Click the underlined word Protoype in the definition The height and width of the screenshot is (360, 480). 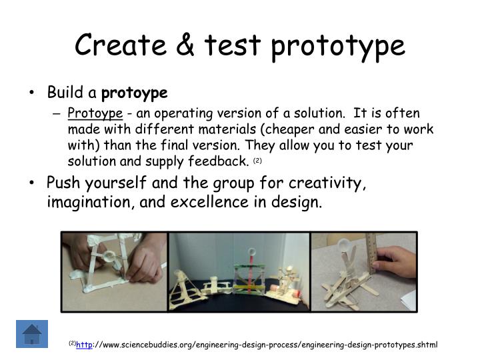pyautogui.click(x=95, y=114)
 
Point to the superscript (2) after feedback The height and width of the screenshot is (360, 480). pyautogui.click(x=257, y=161)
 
